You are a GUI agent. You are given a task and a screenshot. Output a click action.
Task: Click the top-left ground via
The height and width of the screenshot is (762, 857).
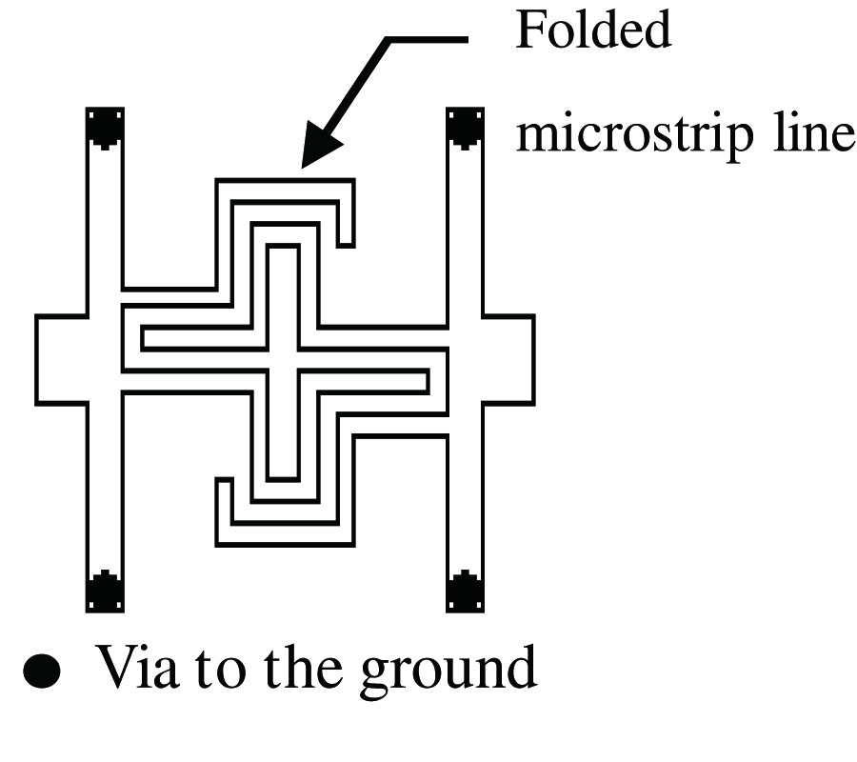click(x=104, y=128)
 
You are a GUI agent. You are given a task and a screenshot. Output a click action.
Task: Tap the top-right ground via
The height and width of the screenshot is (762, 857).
click(x=465, y=128)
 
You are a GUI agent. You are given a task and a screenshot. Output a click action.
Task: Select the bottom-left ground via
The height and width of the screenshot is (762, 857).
click(x=104, y=592)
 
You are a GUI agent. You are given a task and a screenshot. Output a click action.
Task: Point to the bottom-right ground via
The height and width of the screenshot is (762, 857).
click(x=465, y=592)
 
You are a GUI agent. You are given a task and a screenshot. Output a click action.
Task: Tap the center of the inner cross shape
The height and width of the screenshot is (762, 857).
click(x=283, y=359)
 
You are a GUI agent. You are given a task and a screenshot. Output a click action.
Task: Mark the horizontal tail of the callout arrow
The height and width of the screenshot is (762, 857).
click(x=428, y=40)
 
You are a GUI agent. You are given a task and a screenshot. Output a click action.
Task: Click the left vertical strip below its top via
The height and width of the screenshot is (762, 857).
click(x=104, y=219)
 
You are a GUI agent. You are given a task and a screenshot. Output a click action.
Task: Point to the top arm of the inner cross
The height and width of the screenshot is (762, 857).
click(x=283, y=286)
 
